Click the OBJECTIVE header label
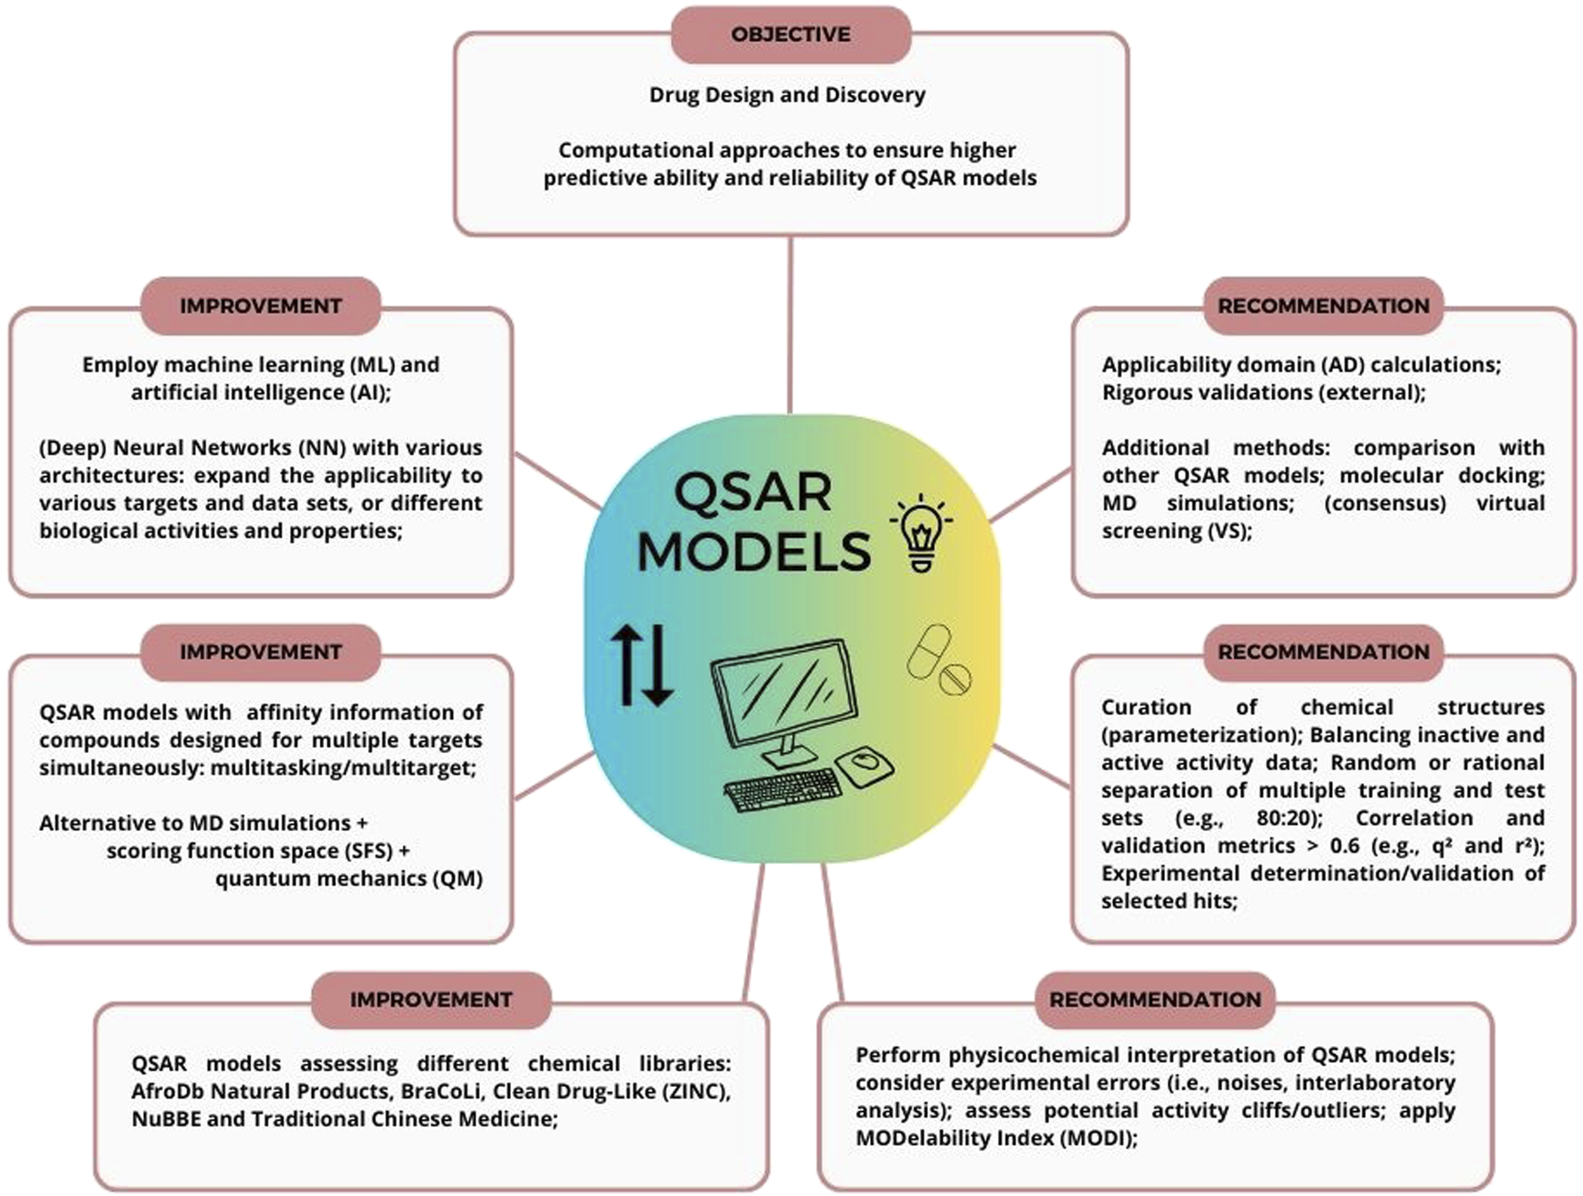[791, 35]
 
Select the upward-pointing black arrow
[626, 665]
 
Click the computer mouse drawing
[865, 765]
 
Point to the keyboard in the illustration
[783, 790]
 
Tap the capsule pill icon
[929, 649]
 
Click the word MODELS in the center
[753, 551]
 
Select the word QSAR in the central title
[752, 492]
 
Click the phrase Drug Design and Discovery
[787, 95]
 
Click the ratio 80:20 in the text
[1288, 818]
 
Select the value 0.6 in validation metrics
[1344, 846]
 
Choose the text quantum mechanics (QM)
[348, 878]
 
